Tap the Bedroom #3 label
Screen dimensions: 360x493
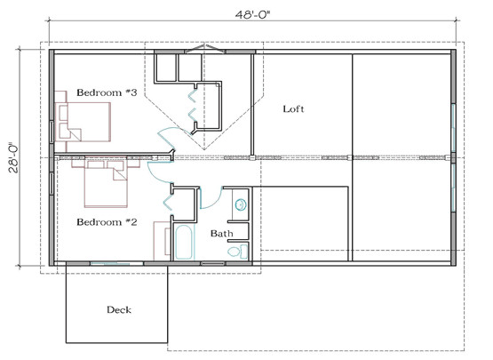106,92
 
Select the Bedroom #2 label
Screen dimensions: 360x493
106,221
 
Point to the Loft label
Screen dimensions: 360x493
293,109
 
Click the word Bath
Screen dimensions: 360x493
221,234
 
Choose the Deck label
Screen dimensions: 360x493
118,309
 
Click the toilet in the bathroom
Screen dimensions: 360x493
235,252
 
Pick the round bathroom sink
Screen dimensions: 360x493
240,205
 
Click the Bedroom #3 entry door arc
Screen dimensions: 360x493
167,139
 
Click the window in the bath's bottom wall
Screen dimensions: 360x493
213,263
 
